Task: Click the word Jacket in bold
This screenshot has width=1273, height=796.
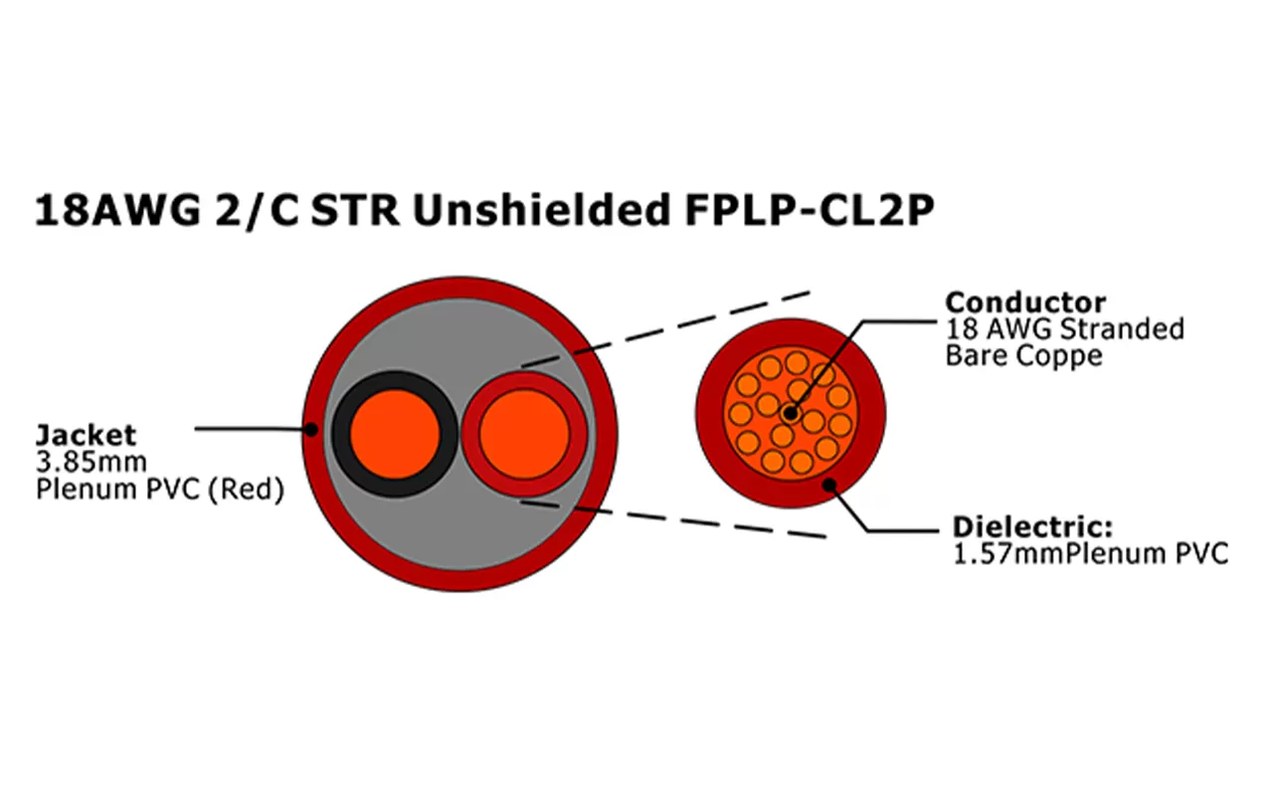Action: tap(86, 434)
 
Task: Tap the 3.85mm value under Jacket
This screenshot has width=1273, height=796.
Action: tap(91, 462)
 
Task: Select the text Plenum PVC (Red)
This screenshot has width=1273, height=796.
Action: tap(159, 490)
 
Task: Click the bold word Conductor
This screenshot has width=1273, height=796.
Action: tap(1024, 302)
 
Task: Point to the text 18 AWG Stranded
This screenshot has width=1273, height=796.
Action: tap(1064, 328)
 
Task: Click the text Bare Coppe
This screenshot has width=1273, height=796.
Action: tap(1023, 355)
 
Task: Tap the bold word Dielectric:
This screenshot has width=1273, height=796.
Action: tap(1032, 526)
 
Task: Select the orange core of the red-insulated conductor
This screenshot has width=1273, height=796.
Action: tap(524, 434)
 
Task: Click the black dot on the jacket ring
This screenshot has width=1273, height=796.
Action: tap(311, 430)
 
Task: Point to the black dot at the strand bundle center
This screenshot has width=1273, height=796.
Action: tap(790, 412)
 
